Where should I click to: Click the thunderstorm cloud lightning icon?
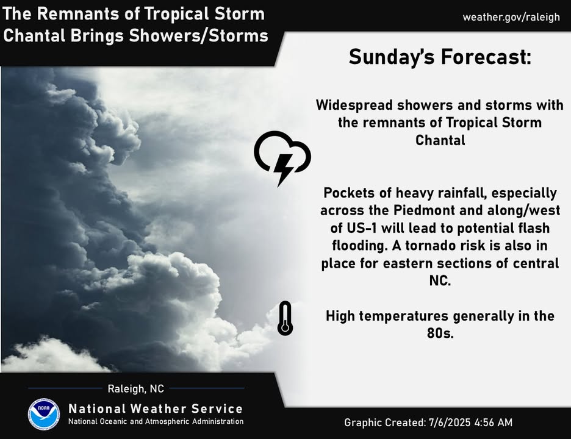[282, 159]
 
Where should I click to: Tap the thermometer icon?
[285, 318]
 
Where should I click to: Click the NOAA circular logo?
[44, 414]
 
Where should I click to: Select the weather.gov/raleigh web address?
[511, 17]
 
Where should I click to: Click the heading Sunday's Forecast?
[440, 57]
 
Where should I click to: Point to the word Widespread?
[354, 105]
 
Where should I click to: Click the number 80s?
[440, 333]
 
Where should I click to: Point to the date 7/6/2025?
[450, 423]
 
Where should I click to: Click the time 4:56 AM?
[494, 423]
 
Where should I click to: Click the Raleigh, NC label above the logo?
[136, 389]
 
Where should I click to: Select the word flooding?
[359, 246]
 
